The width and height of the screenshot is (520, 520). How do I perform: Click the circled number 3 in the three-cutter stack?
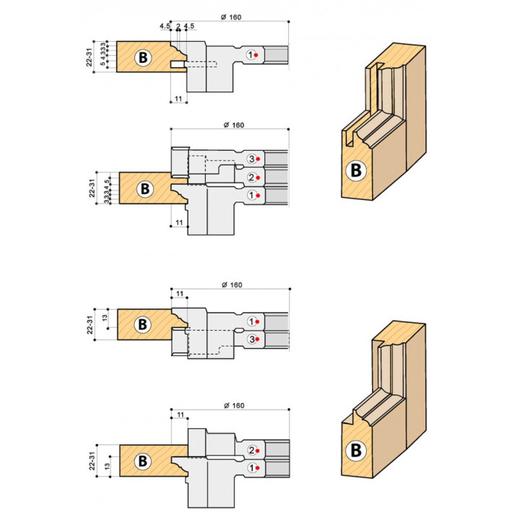pyautogui.click(x=251, y=158)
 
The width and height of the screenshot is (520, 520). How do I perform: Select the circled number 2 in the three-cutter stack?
pyautogui.click(x=251, y=177)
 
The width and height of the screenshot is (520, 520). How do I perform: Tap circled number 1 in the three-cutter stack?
pyautogui.click(x=251, y=195)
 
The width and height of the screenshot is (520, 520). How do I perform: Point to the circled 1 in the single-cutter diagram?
pyautogui.click(x=251, y=54)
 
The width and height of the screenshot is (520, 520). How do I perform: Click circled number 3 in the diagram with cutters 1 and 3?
pyautogui.click(x=251, y=339)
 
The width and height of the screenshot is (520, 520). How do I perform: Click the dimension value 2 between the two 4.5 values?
pyautogui.click(x=178, y=27)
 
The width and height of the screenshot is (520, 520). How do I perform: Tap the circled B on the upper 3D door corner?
pyautogui.click(x=355, y=170)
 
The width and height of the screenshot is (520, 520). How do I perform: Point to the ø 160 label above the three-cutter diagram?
pyautogui.click(x=233, y=125)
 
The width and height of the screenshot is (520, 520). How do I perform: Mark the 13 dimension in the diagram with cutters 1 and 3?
pyautogui.click(x=105, y=318)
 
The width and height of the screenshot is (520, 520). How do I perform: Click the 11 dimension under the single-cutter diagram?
pyautogui.click(x=177, y=98)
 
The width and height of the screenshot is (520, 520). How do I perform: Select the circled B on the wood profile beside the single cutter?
pyautogui.click(x=143, y=57)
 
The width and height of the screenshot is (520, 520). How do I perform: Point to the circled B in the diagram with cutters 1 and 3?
pyautogui.click(x=143, y=324)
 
